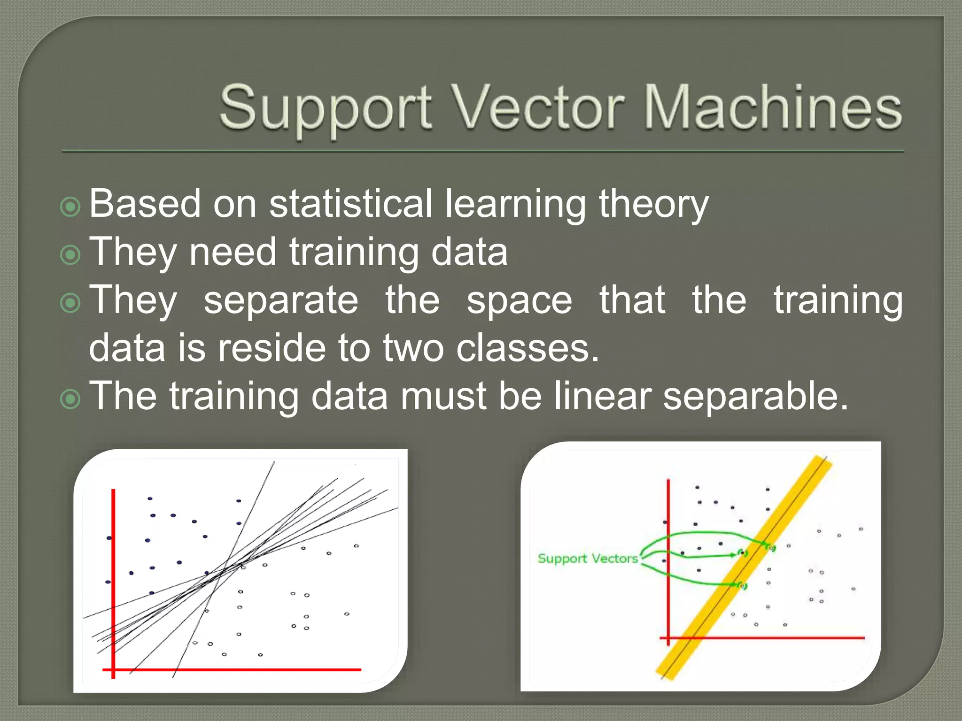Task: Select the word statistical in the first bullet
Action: [x=350, y=204]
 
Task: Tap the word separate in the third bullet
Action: [x=280, y=300]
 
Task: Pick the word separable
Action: [x=755, y=397]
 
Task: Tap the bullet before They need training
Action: [x=71, y=255]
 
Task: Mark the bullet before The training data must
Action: [x=71, y=399]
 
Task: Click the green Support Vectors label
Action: [x=588, y=559]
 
